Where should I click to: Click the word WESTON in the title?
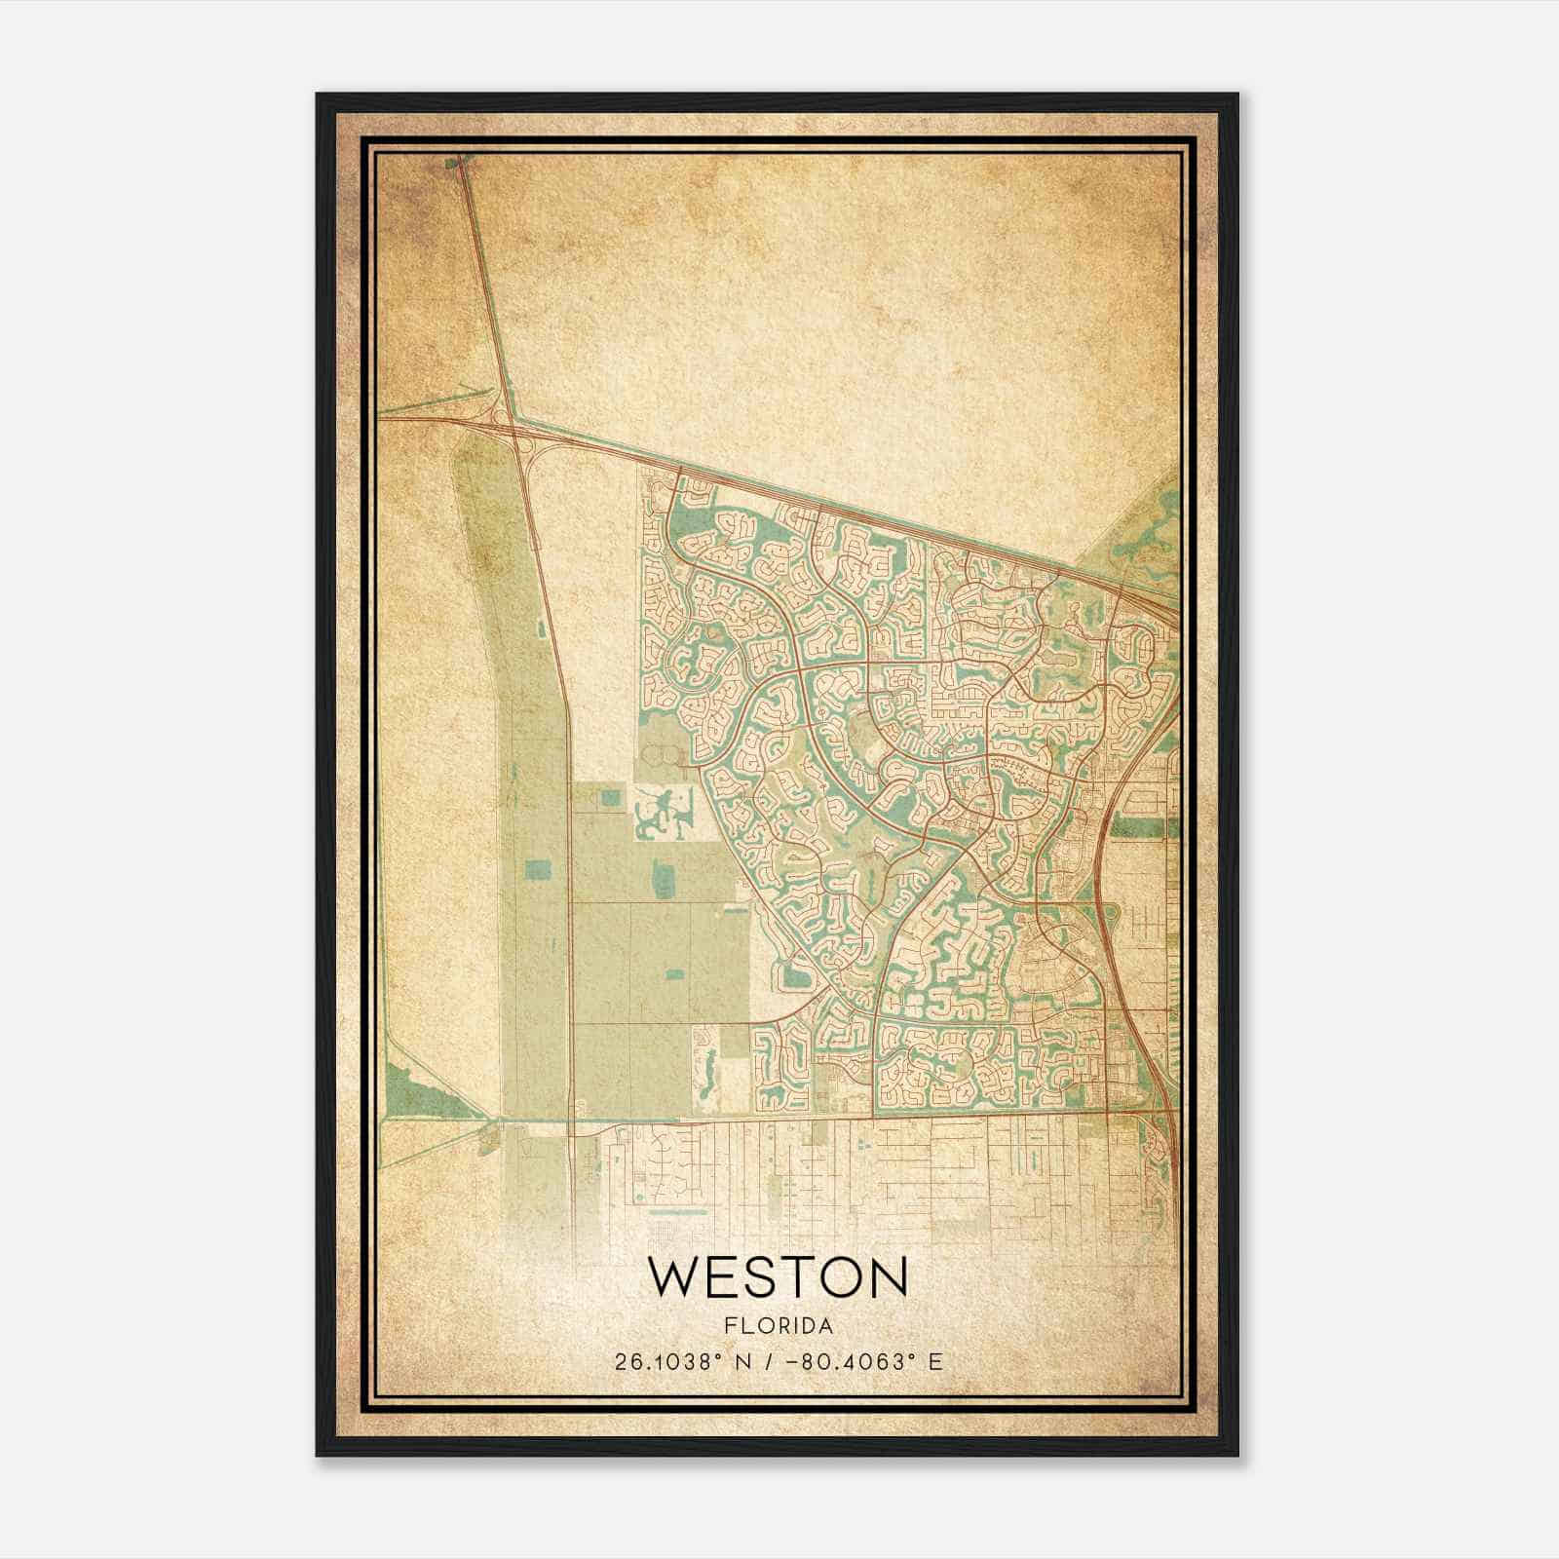778,1277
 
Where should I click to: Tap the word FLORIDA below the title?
778,1326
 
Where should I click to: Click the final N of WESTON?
887,1277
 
